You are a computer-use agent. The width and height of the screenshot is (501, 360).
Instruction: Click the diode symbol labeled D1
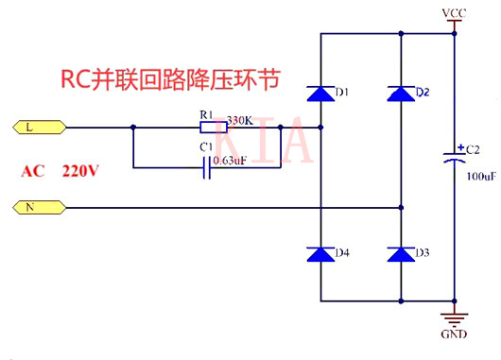(320, 93)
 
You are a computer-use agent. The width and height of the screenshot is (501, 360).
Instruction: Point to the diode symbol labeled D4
(320, 253)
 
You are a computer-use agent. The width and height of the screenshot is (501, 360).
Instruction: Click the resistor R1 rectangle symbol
(211, 126)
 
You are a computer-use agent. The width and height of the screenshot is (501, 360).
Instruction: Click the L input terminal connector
(38, 126)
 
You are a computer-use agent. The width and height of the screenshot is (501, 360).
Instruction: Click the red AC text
(35, 171)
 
